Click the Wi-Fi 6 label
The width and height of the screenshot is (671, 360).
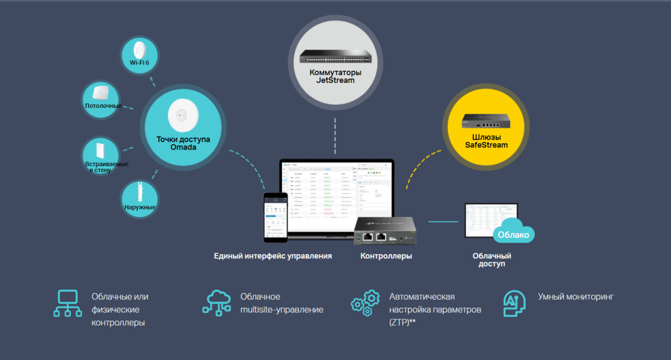[139, 62]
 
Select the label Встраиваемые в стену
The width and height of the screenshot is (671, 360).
[106, 167]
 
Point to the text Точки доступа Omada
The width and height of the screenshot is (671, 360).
[183, 143]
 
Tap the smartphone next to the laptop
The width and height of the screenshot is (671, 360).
[274, 218]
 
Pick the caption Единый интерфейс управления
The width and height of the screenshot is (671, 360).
[273, 256]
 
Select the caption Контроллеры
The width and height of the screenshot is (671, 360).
[386, 256]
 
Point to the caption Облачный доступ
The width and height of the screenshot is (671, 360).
[492, 260]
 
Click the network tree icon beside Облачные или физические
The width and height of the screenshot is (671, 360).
[67, 303]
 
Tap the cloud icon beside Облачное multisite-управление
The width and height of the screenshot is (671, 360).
[218, 303]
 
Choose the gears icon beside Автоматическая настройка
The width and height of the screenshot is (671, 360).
[365, 303]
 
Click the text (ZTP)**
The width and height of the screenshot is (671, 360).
[403, 323]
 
